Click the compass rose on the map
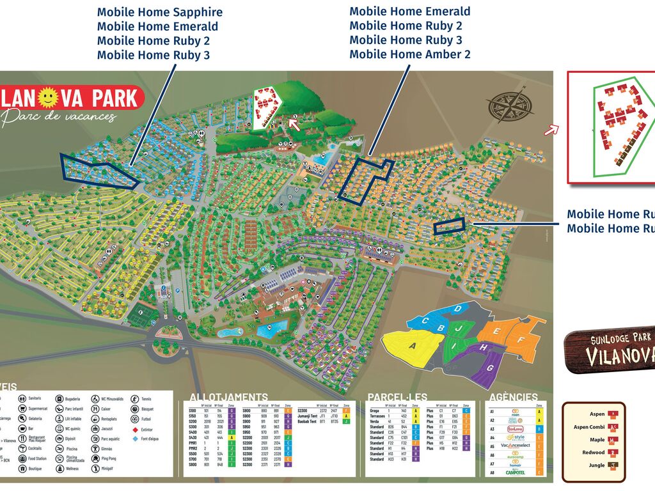click(510, 105)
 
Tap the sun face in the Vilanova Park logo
click(49, 98)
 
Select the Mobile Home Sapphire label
click(160, 12)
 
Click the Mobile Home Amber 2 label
click(409, 54)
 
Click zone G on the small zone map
click(490, 368)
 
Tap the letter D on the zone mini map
click(458, 309)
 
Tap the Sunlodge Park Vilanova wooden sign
click(611, 351)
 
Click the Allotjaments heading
click(228, 397)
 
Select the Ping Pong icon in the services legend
click(96, 458)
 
